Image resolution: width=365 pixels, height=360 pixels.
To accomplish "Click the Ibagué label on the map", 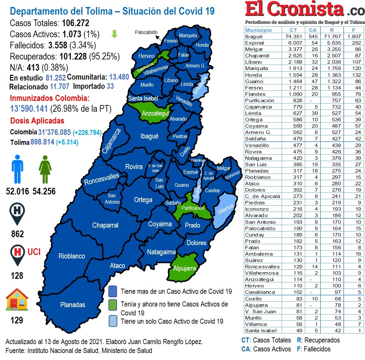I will (x=149, y=136).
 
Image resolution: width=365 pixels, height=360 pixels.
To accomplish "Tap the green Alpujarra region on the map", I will (x=184, y=268).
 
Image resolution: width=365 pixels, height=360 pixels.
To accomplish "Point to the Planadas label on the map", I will (x=73, y=305).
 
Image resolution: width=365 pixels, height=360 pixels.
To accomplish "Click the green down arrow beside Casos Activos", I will (x=114, y=34).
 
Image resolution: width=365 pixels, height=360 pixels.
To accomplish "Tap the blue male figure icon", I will (x=17, y=169).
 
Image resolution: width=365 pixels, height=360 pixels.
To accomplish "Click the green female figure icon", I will (x=45, y=169).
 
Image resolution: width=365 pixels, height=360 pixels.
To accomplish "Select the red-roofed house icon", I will (x=17, y=300).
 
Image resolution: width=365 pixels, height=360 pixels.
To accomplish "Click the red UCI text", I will (x=34, y=252).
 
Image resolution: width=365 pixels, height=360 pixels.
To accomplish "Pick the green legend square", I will (x=113, y=304).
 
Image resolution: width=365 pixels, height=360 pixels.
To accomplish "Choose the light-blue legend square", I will (x=113, y=321).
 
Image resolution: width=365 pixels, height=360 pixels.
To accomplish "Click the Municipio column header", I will (x=258, y=30).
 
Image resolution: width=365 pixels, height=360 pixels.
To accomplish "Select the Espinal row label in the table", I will (x=254, y=43).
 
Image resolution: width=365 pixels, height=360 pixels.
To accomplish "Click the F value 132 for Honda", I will (x=356, y=75).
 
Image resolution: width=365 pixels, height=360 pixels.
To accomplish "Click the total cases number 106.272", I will (x=76, y=23).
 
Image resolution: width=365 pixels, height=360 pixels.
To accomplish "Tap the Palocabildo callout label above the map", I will (x=146, y=32).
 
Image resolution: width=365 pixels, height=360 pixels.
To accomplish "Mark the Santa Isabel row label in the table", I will (x=261, y=330).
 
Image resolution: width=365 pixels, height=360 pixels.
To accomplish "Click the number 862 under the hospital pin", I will (x=17, y=234).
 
